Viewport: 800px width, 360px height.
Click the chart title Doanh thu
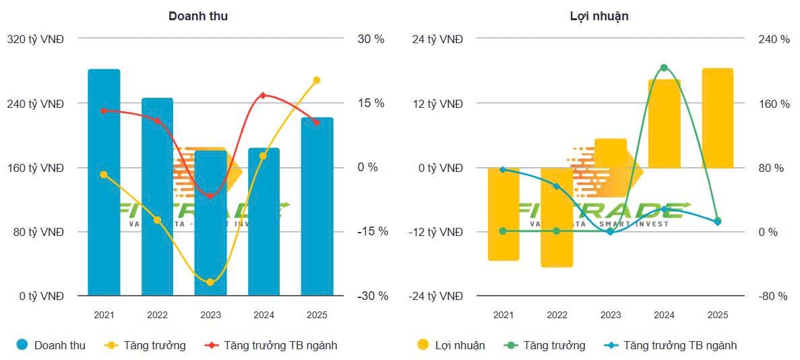pyautogui.click(x=197, y=16)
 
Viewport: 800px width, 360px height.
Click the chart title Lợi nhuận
pyautogui.click(x=599, y=16)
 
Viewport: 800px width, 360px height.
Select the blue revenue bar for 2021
pyautogui.click(x=104, y=182)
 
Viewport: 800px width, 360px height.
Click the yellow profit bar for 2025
pyautogui.click(x=717, y=118)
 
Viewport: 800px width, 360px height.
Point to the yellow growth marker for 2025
pyautogui.click(x=317, y=80)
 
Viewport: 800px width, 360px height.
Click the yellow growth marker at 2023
pyautogui.click(x=210, y=282)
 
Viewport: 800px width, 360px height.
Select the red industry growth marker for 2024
pyautogui.click(x=264, y=96)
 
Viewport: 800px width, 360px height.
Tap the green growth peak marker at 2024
pyautogui.click(x=664, y=68)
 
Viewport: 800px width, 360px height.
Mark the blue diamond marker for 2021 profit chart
pyautogui.click(x=503, y=170)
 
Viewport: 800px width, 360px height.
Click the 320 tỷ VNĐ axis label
pyautogui.click(x=35, y=39)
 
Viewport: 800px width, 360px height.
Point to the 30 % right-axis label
pyautogui.click(x=371, y=39)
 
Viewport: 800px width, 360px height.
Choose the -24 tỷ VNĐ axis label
pyautogui.click(x=437, y=296)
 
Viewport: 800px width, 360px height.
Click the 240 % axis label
pyautogui.click(x=774, y=39)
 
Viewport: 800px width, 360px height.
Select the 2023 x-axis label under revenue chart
pyautogui.click(x=210, y=315)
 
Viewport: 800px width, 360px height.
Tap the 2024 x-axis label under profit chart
pyautogui.click(x=664, y=315)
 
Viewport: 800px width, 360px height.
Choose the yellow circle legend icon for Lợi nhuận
pyautogui.click(x=423, y=345)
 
